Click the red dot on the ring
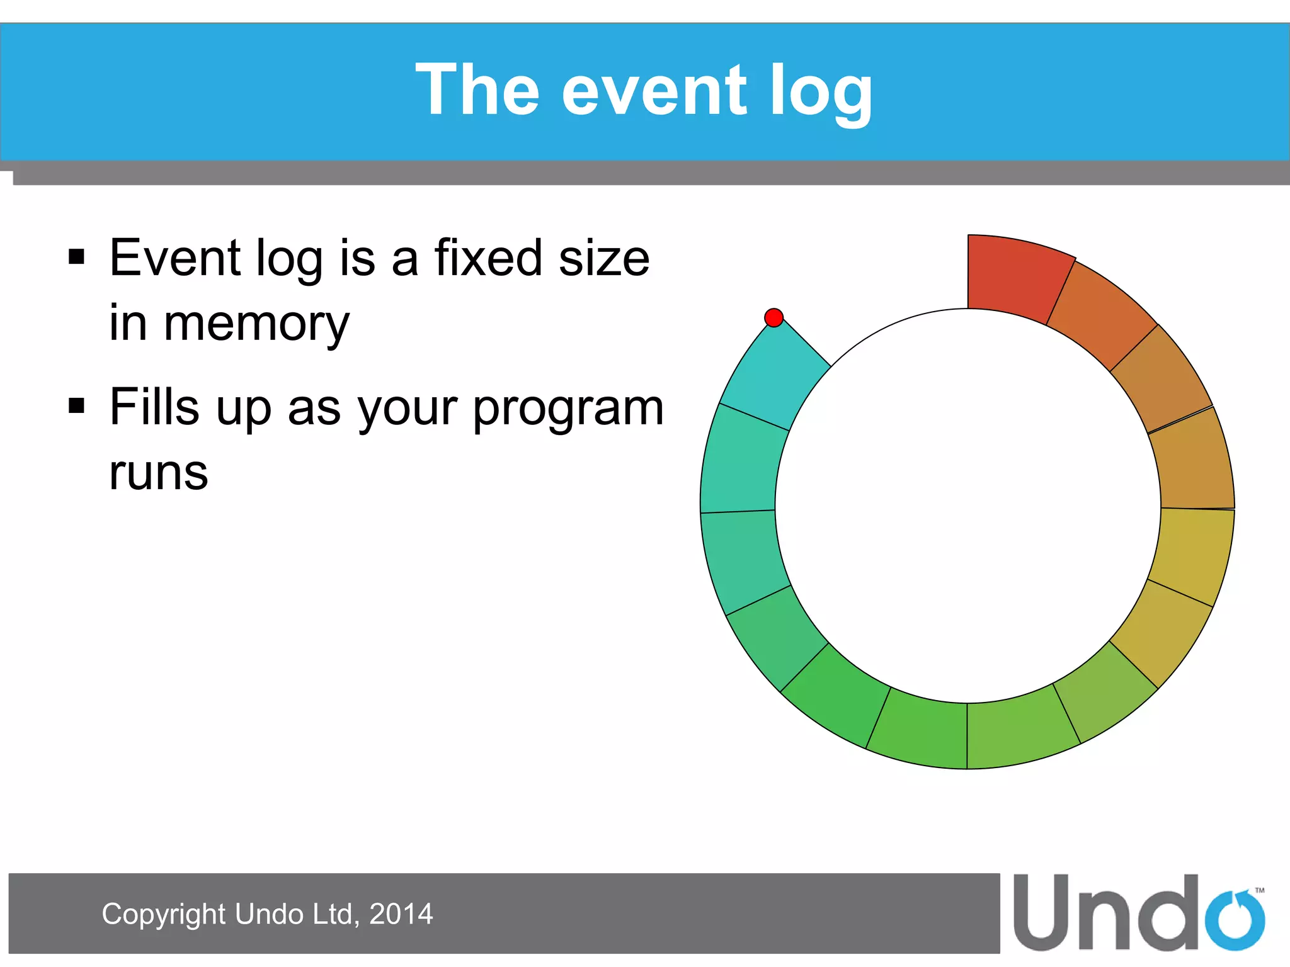pos(773,317)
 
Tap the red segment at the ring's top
pos(1015,277)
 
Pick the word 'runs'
pos(158,473)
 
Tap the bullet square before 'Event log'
pos(76,257)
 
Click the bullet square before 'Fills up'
pos(76,406)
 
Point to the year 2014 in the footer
pos(401,914)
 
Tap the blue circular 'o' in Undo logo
pos(1235,920)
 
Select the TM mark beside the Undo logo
pos(1259,890)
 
